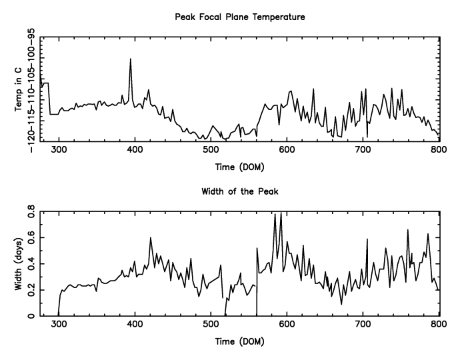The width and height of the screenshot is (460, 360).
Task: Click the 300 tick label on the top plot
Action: pyautogui.click(x=59, y=149)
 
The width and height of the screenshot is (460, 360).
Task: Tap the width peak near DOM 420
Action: pyautogui.click(x=151, y=238)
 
